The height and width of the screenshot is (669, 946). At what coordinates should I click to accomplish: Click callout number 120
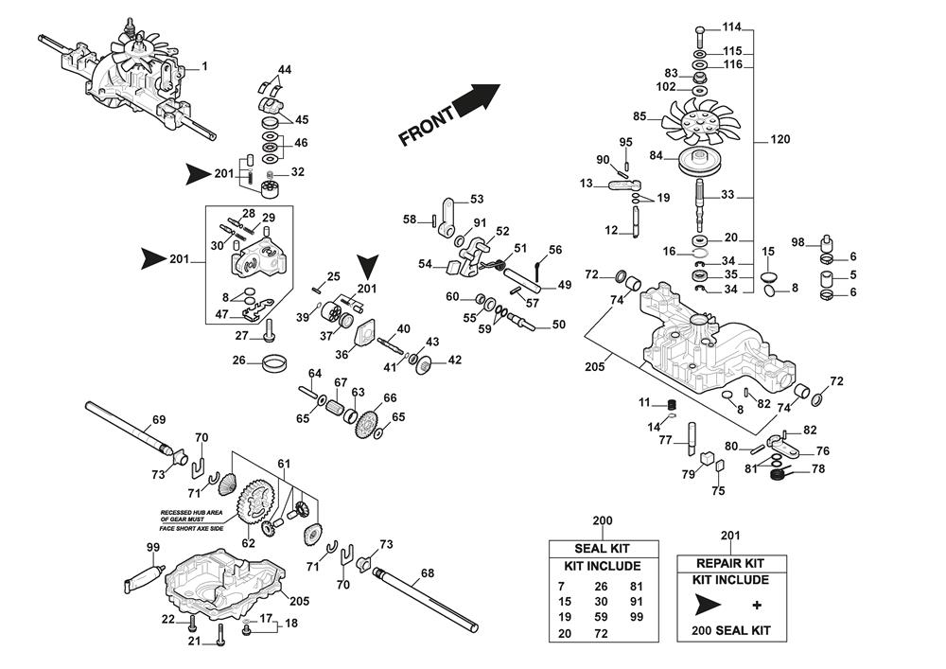click(x=780, y=140)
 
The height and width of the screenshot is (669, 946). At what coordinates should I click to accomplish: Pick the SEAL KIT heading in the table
click(x=603, y=549)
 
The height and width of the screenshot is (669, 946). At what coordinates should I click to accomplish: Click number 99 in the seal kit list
click(x=636, y=617)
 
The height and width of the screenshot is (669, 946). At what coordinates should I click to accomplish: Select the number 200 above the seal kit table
click(x=603, y=521)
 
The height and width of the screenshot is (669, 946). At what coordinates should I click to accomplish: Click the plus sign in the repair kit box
click(x=756, y=605)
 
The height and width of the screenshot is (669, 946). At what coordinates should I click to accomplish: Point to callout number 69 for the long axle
click(x=159, y=419)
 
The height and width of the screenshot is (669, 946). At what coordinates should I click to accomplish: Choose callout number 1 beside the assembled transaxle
click(x=204, y=66)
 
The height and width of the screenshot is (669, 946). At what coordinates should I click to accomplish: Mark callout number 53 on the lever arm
click(x=476, y=199)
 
